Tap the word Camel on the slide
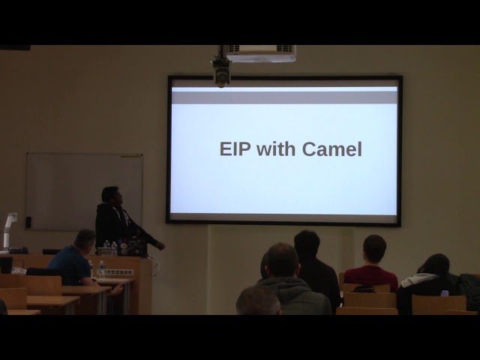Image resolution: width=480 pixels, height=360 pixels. [331, 149]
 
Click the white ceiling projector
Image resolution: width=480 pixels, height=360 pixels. [261, 53]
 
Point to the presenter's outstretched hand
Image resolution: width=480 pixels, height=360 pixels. [160, 245]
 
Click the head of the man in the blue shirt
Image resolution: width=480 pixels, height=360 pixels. [85, 239]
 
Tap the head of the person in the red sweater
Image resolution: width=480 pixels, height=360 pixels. [374, 248]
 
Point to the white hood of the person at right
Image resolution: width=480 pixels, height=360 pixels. [418, 280]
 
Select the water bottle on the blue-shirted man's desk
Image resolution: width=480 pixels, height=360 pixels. [101, 268]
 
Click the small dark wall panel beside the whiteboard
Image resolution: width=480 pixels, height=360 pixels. [28, 222]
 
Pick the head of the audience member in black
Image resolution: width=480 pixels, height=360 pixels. [307, 244]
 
